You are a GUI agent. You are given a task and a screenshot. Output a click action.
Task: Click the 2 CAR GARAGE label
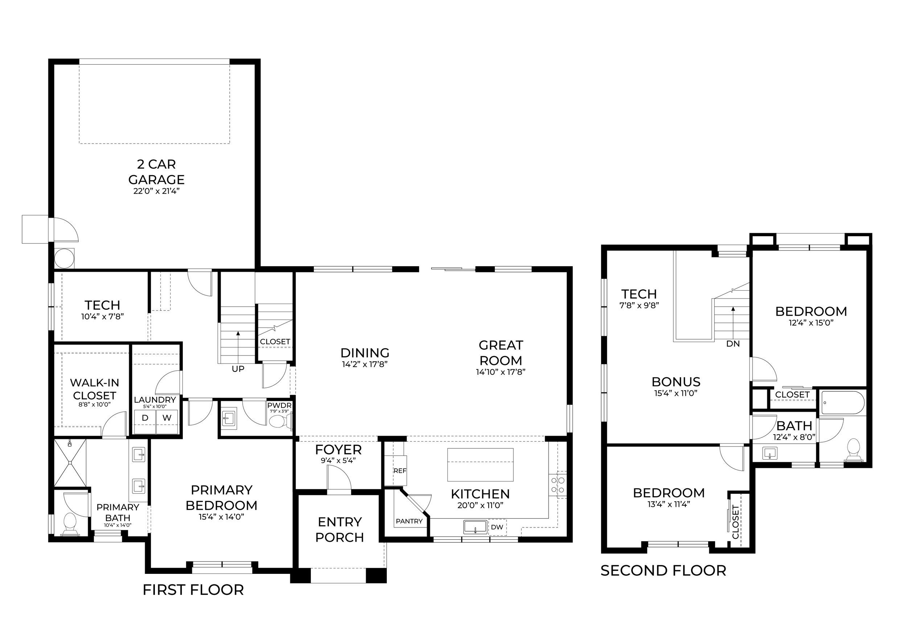tap(156, 172)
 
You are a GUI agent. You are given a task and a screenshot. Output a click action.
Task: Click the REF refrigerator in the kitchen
tap(399, 471)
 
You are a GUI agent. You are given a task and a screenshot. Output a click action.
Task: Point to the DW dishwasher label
tap(497, 527)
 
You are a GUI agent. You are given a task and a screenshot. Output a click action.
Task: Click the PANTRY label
tap(409, 521)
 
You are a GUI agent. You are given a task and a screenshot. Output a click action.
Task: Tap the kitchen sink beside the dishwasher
tap(475, 527)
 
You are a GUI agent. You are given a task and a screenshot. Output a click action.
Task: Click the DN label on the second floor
tap(733, 344)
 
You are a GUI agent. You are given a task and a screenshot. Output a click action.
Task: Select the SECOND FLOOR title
tap(663, 570)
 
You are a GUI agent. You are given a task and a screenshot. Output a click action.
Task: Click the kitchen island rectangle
tap(480, 464)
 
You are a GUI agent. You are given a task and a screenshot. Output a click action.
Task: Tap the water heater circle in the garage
tap(64, 258)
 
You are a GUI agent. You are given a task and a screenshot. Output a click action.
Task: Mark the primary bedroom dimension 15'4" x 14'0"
tap(222, 517)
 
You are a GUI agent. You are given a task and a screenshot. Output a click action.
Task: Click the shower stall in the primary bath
tap(70, 463)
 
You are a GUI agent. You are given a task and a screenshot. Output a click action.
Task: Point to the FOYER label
tap(338, 449)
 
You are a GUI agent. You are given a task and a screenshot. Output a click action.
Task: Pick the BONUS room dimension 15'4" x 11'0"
tap(676, 393)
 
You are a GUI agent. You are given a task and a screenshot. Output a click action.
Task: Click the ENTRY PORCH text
tap(340, 530)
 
